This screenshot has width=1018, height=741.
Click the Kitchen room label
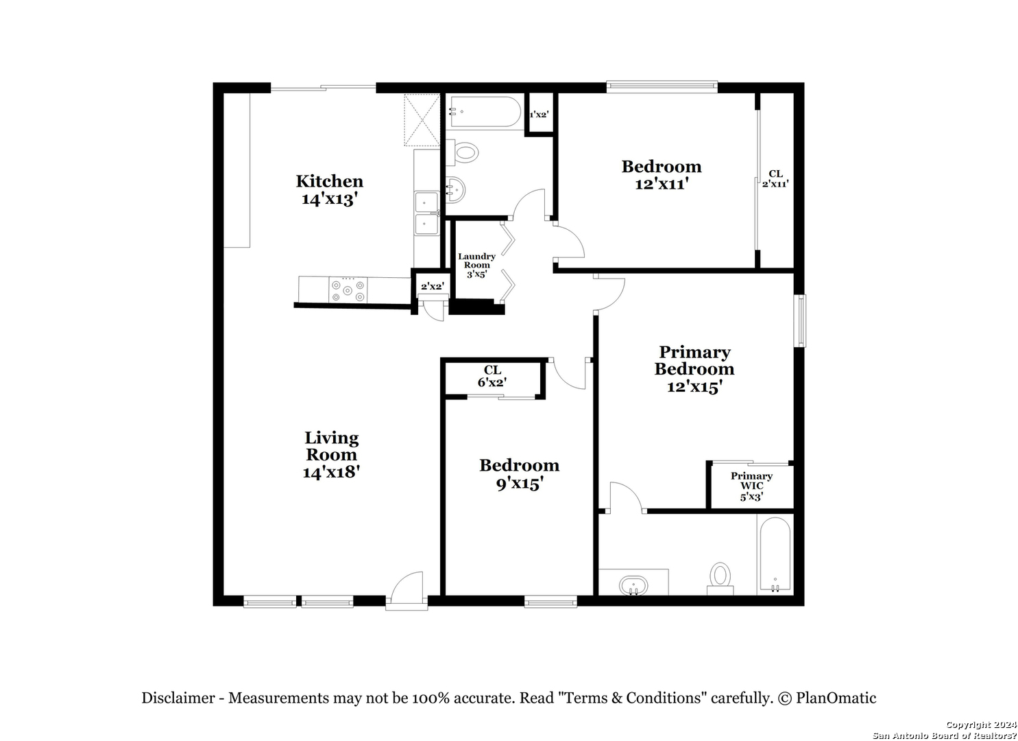click(x=330, y=182)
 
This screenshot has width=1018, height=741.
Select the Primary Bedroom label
click(x=694, y=360)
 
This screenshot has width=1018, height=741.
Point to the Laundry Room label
click(x=476, y=261)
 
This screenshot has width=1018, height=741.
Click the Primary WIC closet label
click(x=751, y=480)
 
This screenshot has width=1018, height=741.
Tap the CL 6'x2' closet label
click(x=492, y=376)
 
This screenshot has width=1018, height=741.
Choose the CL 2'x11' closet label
click(x=775, y=179)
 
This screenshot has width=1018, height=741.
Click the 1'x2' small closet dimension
click(x=539, y=114)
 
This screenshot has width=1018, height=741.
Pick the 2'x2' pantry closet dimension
click(x=432, y=287)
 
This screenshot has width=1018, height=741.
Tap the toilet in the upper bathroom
click(x=462, y=152)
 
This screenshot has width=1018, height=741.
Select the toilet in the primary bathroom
click(x=720, y=578)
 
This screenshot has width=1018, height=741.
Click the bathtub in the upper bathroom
click(x=484, y=112)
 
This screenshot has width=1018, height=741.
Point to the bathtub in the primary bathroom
click(x=775, y=554)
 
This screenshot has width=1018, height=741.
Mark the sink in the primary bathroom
click(x=633, y=585)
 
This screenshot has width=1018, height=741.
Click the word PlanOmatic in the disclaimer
click(x=836, y=698)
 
